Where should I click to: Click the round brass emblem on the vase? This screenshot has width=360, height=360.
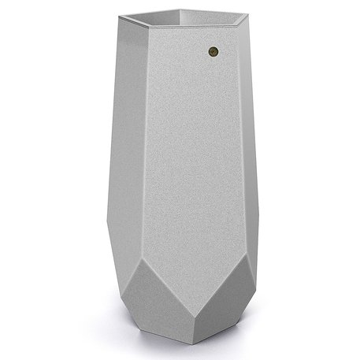pyautogui.click(x=213, y=52)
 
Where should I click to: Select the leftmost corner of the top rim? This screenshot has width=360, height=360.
pyautogui.click(x=121, y=17)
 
